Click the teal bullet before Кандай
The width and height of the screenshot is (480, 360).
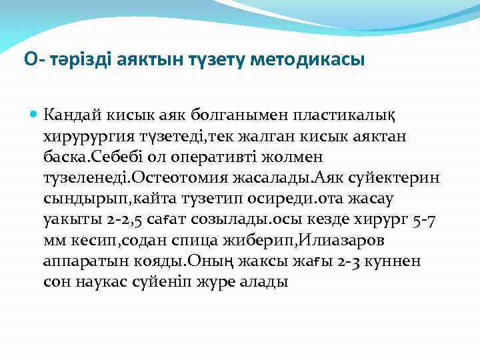click(x=35, y=115)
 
